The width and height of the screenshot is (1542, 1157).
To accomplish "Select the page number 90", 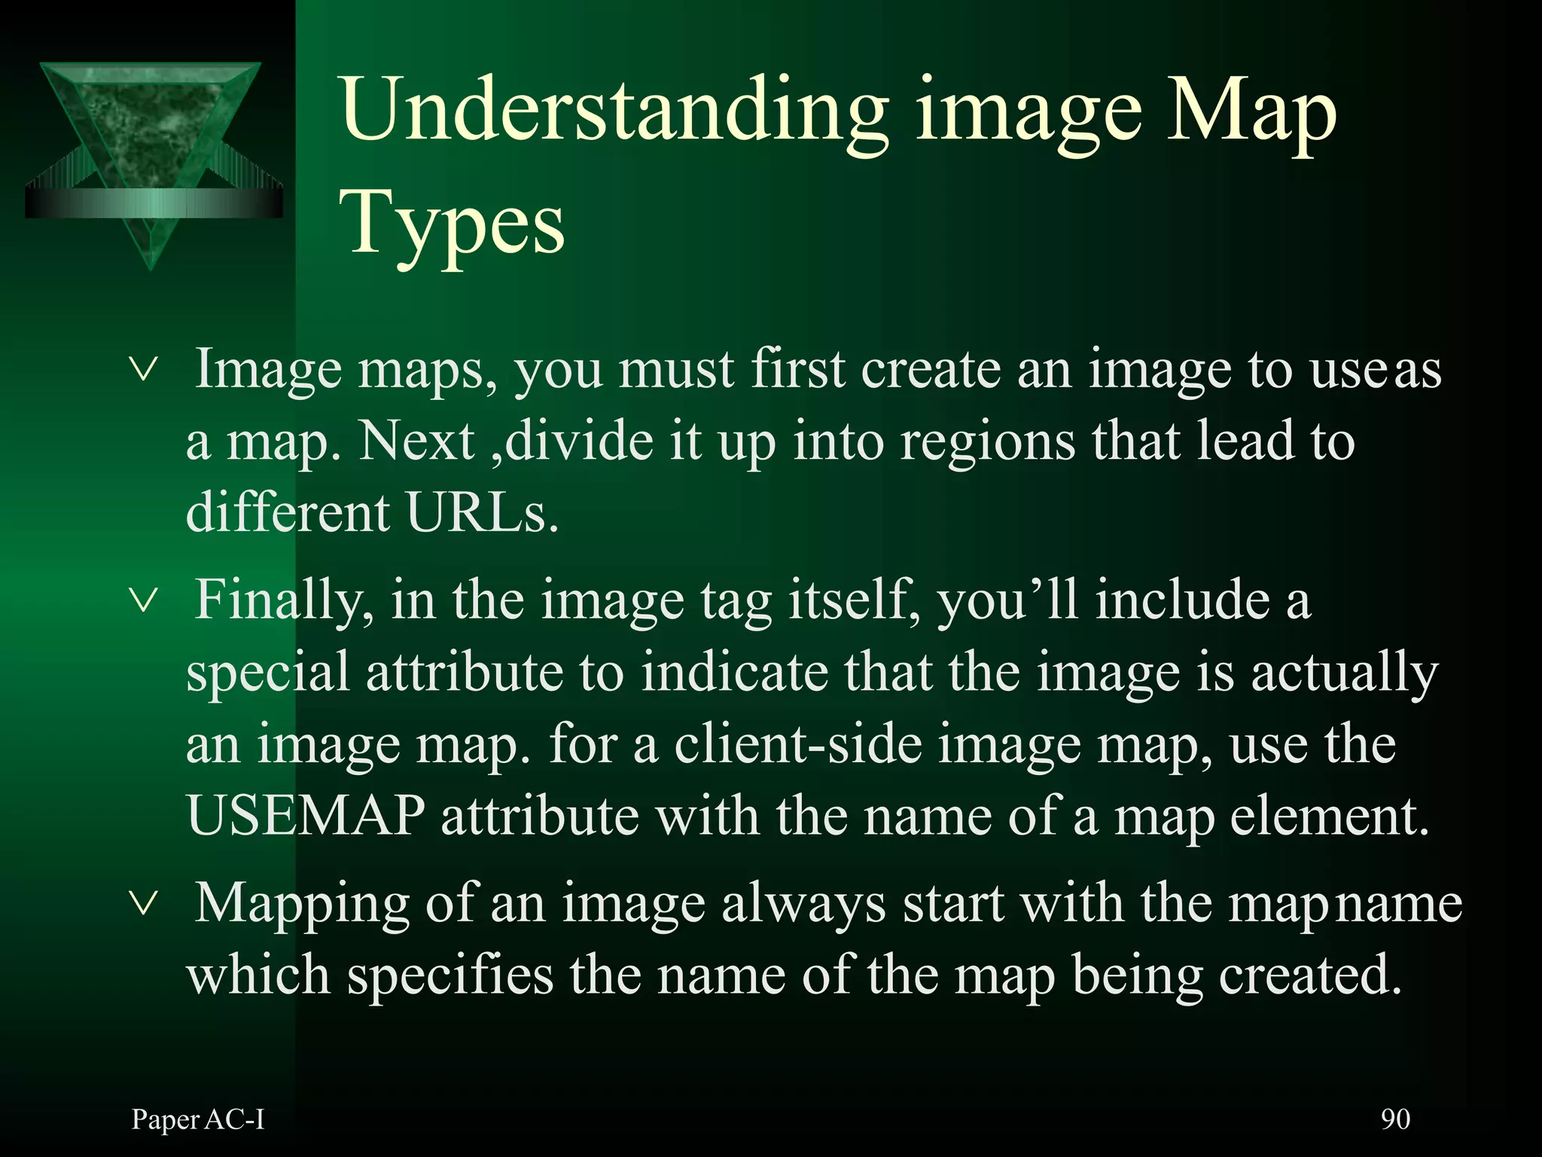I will (x=1395, y=1119).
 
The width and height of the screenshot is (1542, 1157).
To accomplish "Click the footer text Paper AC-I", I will (x=198, y=1119).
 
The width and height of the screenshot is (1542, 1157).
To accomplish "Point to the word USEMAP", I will (x=306, y=816).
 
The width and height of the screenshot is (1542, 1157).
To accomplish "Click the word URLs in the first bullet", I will (x=483, y=513).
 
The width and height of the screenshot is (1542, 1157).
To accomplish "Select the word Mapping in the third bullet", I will (x=301, y=903).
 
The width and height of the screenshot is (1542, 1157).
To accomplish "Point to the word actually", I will (x=1344, y=673).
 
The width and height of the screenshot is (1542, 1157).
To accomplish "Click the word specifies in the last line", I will (x=449, y=975).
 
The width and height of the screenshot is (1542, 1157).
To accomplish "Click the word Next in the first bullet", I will (x=416, y=441).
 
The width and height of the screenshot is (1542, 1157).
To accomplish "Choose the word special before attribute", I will (x=268, y=673).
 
